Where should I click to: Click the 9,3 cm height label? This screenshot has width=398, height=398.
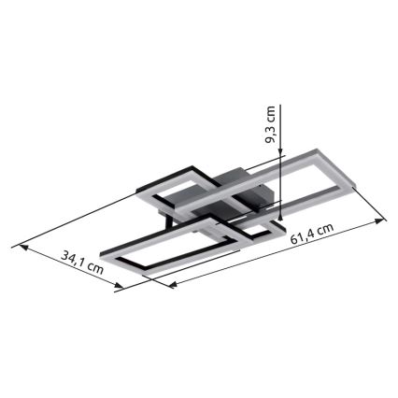pos(271,125)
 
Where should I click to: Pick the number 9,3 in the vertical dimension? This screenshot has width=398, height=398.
pos(271,135)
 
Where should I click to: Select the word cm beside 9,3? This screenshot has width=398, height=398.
pos(271,114)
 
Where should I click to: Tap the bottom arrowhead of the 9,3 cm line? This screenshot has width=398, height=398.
pos(280,220)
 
